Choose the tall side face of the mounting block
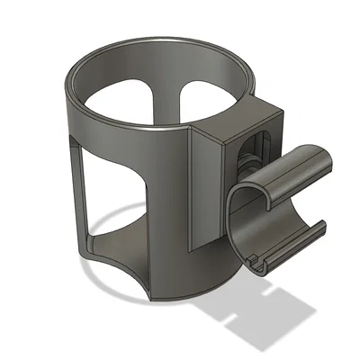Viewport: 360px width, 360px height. coord(202,189)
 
